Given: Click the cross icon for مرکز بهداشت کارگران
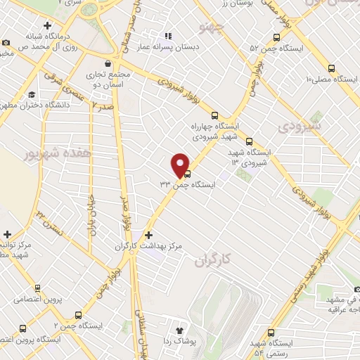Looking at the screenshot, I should point(148,235).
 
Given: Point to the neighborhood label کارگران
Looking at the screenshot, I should point(208,262).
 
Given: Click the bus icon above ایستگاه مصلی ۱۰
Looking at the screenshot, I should point(331,68).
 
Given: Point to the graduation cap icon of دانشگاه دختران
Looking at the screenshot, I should point(32,96).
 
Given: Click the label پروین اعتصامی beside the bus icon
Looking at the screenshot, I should point(44,300).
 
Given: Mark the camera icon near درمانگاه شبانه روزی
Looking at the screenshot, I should point(6,42).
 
